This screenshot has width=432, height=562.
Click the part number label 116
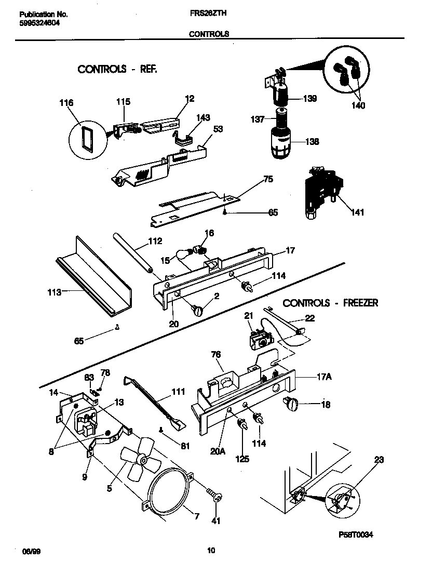(66, 103)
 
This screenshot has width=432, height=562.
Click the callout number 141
(357, 212)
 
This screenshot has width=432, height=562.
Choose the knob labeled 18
(292, 404)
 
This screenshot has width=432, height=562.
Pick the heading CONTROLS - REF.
(117, 69)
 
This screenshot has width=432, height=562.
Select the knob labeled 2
(199, 311)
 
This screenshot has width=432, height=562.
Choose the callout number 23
(379, 459)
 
